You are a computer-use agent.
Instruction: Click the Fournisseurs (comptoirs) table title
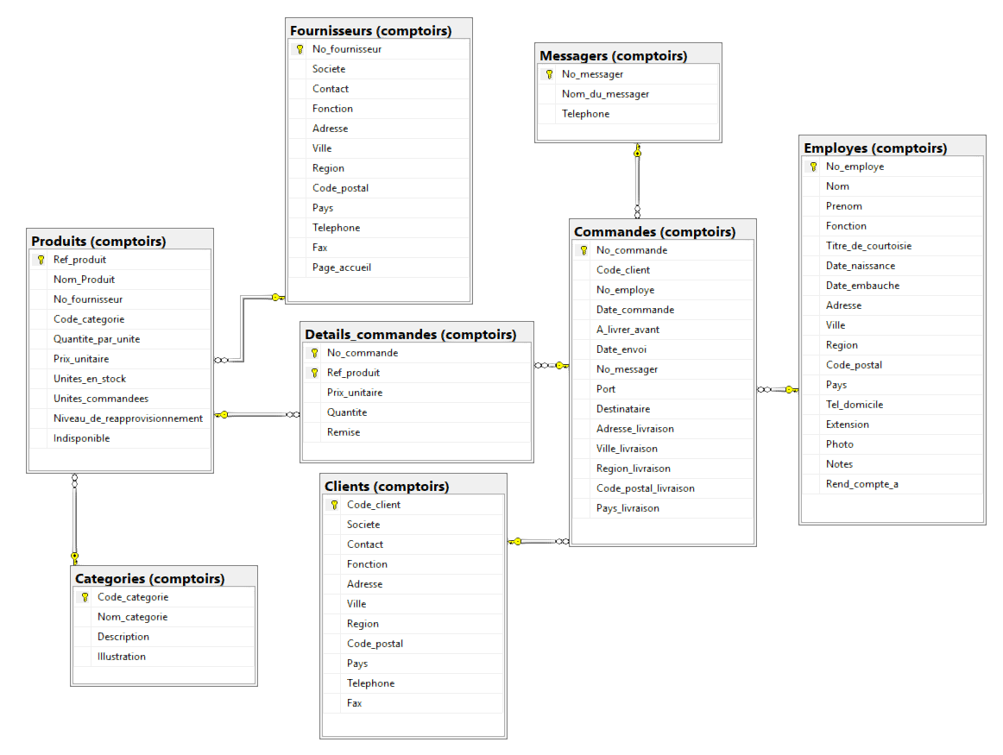tap(370, 31)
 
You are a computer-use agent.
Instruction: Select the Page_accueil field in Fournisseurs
tap(342, 267)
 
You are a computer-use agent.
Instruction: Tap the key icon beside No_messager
tap(549, 74)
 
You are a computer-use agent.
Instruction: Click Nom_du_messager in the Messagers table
tap(605, 94)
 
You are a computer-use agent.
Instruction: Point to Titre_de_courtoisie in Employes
tap(868, 246)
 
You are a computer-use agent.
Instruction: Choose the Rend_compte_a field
tap(861, 484)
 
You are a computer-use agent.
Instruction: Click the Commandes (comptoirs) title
tap(654, 231)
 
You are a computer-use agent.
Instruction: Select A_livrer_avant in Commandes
tap(628, 330)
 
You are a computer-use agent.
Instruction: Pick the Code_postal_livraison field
tap(645, 488)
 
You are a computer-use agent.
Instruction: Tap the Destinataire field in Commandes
tap(623, 409)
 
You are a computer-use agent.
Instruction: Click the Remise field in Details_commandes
tap(344, 432)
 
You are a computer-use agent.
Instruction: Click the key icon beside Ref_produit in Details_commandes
tap(314, 373)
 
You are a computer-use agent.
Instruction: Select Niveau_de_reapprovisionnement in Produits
tap(128, 418)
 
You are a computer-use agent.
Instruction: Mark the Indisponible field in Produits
tap(81, 438)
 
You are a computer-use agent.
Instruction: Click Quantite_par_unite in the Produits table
tap(97, 339)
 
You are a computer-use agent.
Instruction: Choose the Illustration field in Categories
tap(122, 657)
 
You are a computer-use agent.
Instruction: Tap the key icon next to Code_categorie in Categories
tap(85, 597)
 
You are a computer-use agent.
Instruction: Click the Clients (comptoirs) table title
tap(387, 486)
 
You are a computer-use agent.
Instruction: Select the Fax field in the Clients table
tap(355, 703)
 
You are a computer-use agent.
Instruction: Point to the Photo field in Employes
tap(839, 444)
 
